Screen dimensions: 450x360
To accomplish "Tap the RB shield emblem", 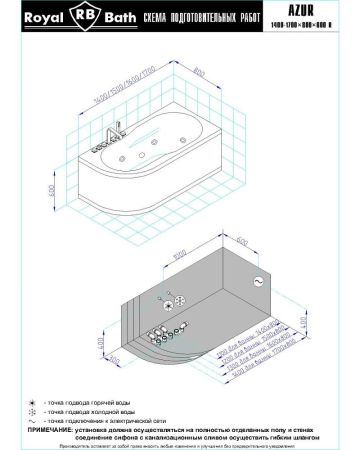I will (81, 18).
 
